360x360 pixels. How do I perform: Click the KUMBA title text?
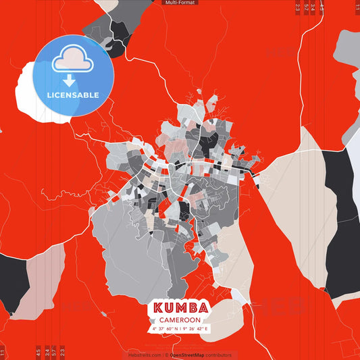pos(180,308)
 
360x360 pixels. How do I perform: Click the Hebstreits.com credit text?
pos(144,355)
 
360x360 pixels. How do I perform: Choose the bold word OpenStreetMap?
pos(187,355)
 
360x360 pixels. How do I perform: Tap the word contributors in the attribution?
pos(218,355)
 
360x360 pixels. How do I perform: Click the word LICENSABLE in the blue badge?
pos(73,95)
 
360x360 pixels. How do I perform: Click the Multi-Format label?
pos(180,3)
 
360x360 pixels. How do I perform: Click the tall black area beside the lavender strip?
pos(341,223)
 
